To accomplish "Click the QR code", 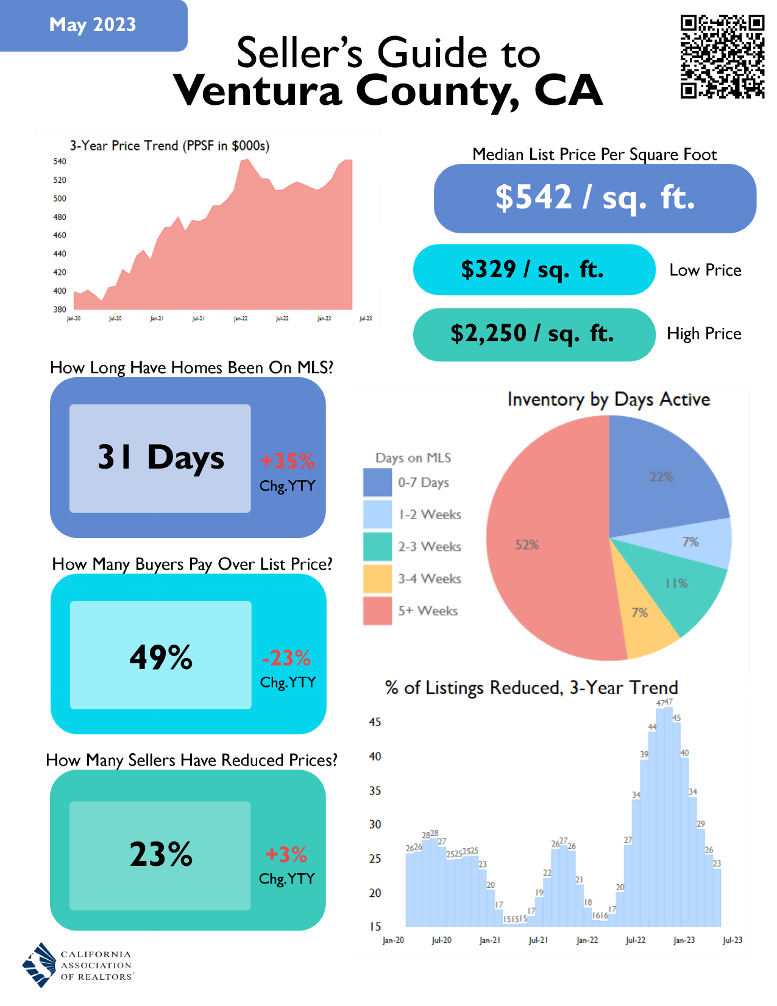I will pos(722,57).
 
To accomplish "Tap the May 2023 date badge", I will pos(93,25).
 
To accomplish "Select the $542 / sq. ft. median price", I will pos(595,198).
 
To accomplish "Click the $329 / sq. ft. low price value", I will pos(533,269).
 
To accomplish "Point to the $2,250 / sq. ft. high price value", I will pos(533,334).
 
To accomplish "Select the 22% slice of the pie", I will pos(661,475).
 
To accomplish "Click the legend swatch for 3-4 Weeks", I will pos(377,579).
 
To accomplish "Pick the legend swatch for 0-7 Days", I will pos(377,483).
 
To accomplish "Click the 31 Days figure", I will pos(160,458).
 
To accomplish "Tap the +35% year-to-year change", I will pos(287,461).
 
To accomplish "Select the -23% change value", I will pos(286,658).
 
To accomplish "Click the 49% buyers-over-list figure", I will pos(161,657).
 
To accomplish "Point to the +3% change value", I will pos(286,855).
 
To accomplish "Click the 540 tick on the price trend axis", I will pos(60,161).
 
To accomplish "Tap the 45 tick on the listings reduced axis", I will pos(375,722).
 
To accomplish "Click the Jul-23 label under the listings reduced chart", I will pos(732,940).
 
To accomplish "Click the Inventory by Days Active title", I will pos(608,400).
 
